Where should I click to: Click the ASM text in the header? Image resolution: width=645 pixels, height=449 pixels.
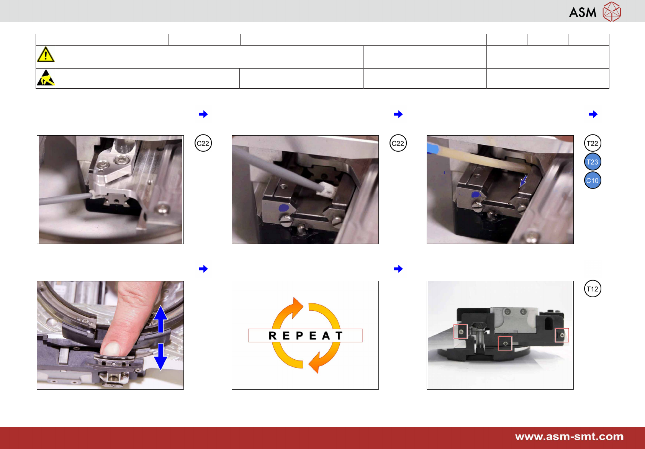click(583, 12)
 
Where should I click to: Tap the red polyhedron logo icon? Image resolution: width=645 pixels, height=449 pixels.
click(612, 11)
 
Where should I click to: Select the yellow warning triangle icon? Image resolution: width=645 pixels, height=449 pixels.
click(46, 54)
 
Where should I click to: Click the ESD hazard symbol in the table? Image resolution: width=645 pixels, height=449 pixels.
click(46, 78)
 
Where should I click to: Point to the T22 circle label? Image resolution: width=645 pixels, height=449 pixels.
click(592, 143)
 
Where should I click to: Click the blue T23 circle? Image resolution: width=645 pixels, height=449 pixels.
click(592, 162)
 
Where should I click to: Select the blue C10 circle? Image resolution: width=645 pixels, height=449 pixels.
click(592, 180)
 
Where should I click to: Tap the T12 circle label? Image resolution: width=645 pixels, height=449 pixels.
click(592, 288)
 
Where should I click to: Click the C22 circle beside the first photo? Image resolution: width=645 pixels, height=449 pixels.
click(203, 143)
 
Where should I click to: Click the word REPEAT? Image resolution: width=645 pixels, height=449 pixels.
click(305, 336)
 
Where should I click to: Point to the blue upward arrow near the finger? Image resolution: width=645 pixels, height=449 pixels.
click(160, 319)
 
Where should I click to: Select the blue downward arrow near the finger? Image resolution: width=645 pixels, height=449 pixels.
click(160, 357)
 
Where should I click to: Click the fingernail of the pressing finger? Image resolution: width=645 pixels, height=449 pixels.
click(111, 349)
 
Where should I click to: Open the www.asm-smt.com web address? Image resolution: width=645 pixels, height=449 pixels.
click(569, 436)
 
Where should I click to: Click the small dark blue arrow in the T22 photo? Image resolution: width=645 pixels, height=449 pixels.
click(523, 182)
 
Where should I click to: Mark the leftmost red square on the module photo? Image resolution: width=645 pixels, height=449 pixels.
click(460, 331)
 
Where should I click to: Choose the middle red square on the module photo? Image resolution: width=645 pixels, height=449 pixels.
click(505, 343)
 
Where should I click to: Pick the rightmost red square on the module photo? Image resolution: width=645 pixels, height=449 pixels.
click(562, 335)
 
